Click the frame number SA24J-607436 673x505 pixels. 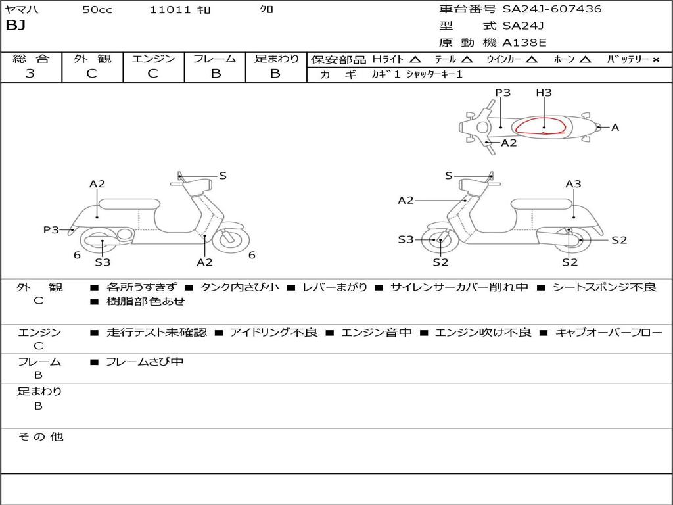click(552, 9)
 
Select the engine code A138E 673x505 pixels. click(524, 43)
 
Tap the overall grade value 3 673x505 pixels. click(30, 74)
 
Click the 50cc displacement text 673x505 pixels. click(97, 9)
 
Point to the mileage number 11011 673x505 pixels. click(170, 9)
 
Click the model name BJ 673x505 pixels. click(16, 26)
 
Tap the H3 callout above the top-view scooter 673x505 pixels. click(544, 93)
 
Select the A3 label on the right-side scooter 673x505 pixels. click(573, 184)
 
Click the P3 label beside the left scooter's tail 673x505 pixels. click(51, 230)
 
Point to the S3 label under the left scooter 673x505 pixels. click(103, 262)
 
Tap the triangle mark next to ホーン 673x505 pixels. click(585, 60)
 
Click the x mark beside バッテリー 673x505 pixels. click(656, 60)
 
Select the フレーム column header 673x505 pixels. click(215, 59)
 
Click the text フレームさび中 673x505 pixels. click(145, 362)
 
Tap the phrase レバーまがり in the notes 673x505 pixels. click(335, 287)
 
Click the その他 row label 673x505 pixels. click(41, 437)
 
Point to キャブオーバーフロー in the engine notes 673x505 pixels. click(609, 332)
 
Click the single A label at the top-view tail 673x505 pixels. click(615, 128)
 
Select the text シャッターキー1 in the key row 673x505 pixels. click(434, 74)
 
